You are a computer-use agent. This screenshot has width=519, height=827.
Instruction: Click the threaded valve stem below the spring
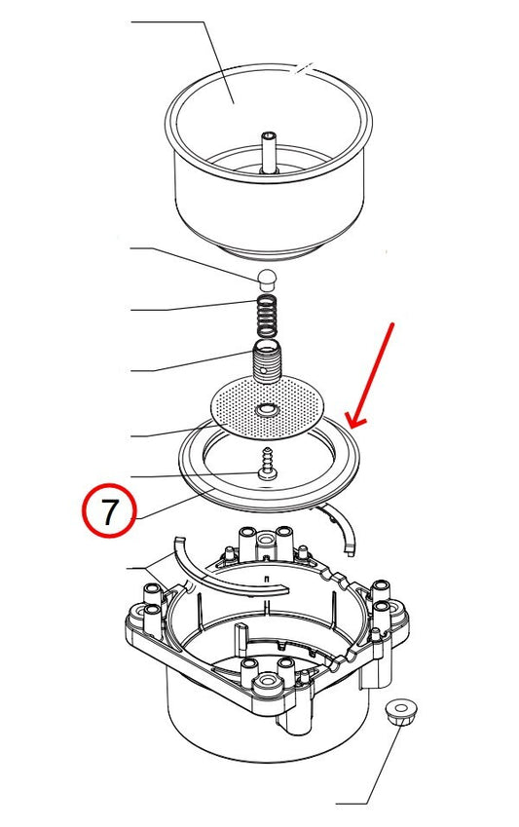[266, 362]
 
